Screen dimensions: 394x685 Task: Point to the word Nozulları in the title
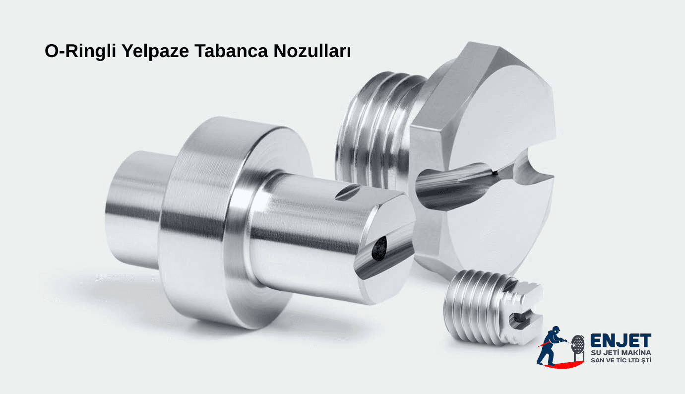click(312, 52)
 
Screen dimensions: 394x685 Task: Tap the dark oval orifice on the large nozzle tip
click(380, 248)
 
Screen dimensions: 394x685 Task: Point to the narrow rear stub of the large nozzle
click(131, 208)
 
